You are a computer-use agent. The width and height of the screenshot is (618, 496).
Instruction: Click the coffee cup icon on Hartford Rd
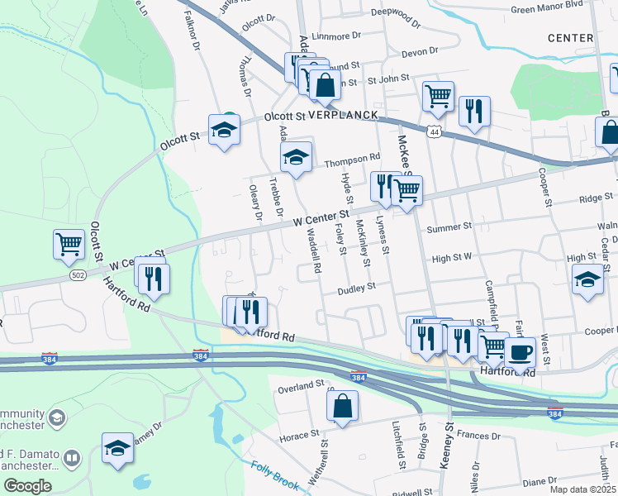point(520,351)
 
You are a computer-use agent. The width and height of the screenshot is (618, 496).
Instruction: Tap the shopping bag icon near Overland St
point(342,406)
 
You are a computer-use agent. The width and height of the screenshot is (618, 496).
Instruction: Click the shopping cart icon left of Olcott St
point(69,244)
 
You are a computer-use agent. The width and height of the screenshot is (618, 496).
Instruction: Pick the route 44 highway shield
point(434,131)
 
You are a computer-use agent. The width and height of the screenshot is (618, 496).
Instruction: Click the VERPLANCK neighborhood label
point(343,115)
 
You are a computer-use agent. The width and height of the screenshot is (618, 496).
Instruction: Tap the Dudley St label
point(356,288)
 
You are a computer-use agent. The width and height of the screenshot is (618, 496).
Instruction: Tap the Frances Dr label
point(473,434)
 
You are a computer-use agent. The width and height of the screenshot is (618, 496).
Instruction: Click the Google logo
point(27,486)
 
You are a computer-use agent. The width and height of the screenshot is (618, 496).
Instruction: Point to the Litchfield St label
point(400,446)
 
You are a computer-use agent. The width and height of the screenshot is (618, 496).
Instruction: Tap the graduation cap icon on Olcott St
point(223,130)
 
